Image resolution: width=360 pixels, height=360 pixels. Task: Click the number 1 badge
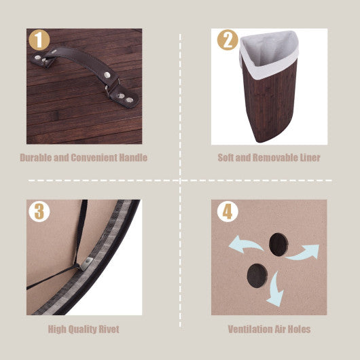(40, 39)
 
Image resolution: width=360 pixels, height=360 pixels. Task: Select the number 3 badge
(39, 211)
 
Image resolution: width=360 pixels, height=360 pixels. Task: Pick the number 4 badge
(228, 211)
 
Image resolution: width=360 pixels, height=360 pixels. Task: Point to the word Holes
(298, 329)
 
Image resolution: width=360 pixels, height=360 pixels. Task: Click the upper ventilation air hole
(278, 243)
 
